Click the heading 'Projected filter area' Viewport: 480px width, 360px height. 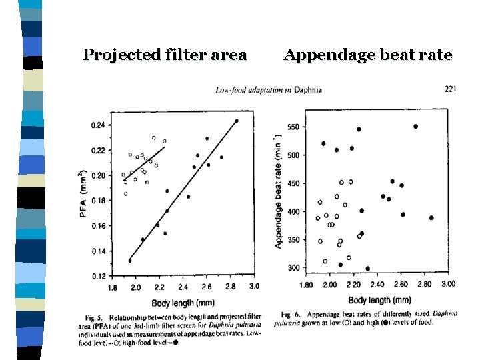click(x=165, y=55)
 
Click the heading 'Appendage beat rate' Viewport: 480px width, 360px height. click(x=367, y=55)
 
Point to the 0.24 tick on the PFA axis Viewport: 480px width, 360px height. click(x=97, y=125)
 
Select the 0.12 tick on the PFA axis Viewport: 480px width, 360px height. click(x=97, y=275)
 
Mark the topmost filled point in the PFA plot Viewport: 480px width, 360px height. click(x=236, y=121)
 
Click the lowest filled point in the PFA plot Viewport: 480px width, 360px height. click(x=129, y=260)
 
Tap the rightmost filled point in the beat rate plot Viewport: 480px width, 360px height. click(x=431, y=217)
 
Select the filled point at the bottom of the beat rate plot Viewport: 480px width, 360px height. click(x=367, y=269)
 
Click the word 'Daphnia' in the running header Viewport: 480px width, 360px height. click(x=307, y=89)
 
